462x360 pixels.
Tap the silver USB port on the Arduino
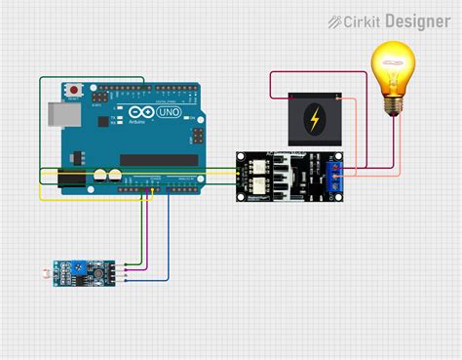(54, 113)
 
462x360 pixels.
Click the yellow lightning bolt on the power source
(314, 120)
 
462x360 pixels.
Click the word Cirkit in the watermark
(363, 20)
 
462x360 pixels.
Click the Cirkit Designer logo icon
(335, 20)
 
